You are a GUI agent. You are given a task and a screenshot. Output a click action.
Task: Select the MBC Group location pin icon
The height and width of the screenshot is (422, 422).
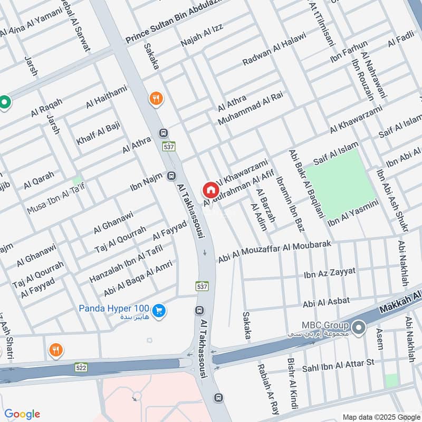(359, 328)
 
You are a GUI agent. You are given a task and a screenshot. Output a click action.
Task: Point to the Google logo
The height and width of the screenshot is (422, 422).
(22, 414)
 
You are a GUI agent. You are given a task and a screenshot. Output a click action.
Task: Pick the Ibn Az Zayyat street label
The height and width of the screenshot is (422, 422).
(330, 273)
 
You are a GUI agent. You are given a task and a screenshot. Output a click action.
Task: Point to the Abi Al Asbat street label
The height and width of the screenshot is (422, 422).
(326, 302)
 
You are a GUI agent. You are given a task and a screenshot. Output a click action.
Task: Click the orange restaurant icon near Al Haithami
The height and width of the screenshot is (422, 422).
(155, 98)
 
